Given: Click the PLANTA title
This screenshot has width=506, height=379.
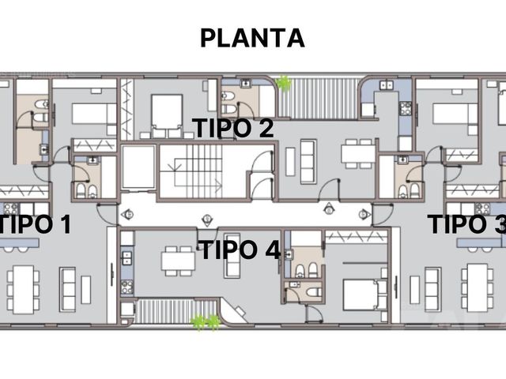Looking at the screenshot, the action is click(x=252, y=38).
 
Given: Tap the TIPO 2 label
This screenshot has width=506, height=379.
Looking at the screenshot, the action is click(x=233, y=128).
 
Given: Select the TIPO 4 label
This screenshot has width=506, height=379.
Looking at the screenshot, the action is click(x=240, y=250).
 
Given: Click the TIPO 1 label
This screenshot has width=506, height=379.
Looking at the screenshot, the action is click(x=35, y=224).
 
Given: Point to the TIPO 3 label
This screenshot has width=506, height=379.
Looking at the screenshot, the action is click(x=467, y=224).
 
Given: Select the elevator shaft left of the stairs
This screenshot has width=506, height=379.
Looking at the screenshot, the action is click(x=139, y=167).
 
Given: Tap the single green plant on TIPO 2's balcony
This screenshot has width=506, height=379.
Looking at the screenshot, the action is click(x=284, y=84).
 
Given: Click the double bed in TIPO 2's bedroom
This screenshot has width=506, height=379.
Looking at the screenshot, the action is click(x=167, y=116).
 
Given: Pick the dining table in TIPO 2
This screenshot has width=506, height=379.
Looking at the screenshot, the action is click(x=359, y=154).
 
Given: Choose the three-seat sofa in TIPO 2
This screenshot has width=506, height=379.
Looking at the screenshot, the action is click(x=308, y=162).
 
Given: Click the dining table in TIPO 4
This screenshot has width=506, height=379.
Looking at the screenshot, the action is click(x=178, y=261).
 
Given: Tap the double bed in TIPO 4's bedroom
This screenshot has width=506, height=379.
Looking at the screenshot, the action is click(x=364, y=295).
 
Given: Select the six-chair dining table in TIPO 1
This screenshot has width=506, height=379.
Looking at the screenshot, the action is click(x=23, y=290).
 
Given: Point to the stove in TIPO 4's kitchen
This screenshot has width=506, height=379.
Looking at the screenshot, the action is click(x=127, y=287).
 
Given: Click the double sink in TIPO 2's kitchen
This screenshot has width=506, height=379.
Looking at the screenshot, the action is click(x=387, y=85).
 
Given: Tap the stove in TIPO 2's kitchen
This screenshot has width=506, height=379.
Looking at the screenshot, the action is click(x=406, y=108).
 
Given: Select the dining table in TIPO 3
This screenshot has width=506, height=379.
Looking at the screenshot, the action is click(x=478, y=287).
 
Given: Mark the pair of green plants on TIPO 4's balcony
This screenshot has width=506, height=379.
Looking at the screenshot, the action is click(x=206, y=323).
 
